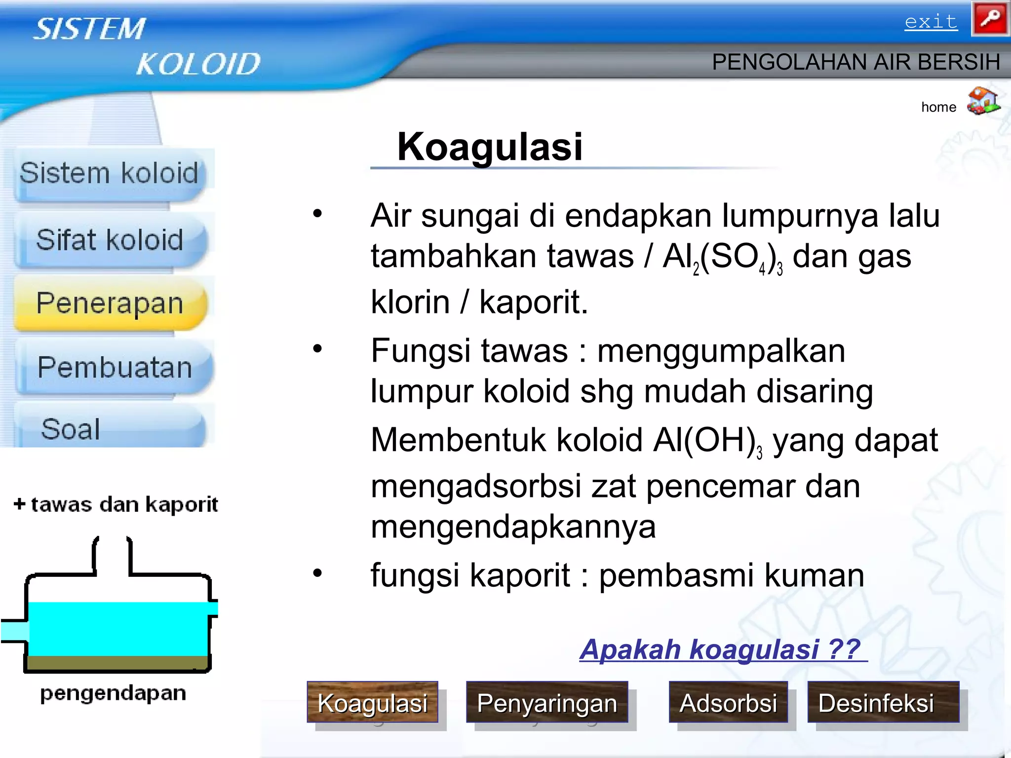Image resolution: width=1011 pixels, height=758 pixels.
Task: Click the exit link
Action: click(931, 22)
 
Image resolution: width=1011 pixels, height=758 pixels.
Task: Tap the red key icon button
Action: click(990, 19)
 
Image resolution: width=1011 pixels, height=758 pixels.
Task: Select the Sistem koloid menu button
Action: click(109, 174)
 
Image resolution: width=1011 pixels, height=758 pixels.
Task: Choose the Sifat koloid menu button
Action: click(110, 240)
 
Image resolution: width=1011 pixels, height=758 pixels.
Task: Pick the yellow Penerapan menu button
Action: click(110, 303)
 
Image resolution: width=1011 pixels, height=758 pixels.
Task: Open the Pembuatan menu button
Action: click(115, 368)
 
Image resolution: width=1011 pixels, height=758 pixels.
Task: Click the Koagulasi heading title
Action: click(490, 147)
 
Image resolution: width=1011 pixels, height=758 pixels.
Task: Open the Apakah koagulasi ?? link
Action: click(721, 649)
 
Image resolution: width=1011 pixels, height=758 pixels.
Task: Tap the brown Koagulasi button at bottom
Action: click(372, 703)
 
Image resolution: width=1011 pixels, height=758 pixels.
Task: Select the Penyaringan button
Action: click(547, 703)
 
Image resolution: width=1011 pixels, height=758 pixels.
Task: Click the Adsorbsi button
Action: click(728, 703)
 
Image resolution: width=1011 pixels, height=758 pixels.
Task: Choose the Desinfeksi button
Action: click(877, 703)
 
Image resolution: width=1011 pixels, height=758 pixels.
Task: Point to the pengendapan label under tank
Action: click(113, 693)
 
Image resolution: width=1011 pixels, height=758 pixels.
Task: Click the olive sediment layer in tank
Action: click(117, 662)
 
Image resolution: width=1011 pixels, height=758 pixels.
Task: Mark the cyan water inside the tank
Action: click(117, 628)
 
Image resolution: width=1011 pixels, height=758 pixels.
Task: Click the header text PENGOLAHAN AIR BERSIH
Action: click(855, 63)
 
